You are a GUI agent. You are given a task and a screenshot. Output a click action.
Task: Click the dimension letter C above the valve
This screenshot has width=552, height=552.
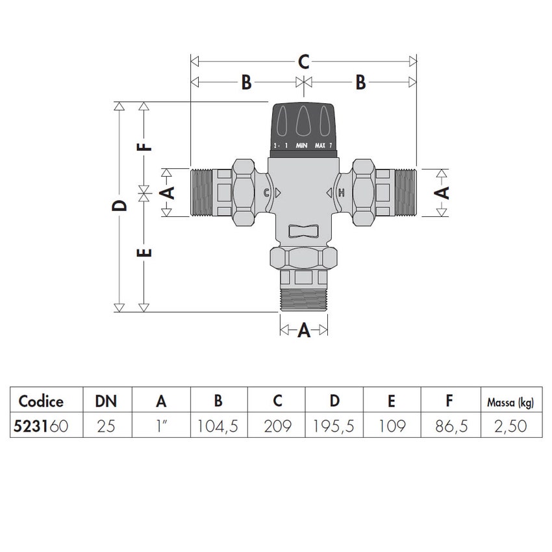click(x=303, y=62)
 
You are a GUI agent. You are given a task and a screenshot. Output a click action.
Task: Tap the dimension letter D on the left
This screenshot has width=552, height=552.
click(x=119, y=206)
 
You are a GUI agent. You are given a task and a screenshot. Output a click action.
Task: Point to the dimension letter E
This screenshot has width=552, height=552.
click(x=146, y=251)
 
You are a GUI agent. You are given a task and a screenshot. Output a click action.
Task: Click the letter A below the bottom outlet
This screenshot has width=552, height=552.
click(x=303, y=331)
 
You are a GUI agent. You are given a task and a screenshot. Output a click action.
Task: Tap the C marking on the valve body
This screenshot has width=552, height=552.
click(x=267, y=193)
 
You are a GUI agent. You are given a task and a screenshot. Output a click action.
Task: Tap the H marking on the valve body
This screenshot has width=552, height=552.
click(x=342, y=193)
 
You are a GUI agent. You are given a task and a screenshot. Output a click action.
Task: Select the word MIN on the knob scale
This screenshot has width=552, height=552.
click(x=301, y=145)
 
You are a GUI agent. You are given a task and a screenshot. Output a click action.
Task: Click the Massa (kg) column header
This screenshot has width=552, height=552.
click(x=510, y=401)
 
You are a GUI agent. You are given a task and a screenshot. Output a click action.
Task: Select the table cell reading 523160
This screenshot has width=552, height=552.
click(x=40, y=426)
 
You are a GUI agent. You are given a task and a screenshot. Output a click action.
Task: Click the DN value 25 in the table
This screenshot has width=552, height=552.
click(x=107, y=426)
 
